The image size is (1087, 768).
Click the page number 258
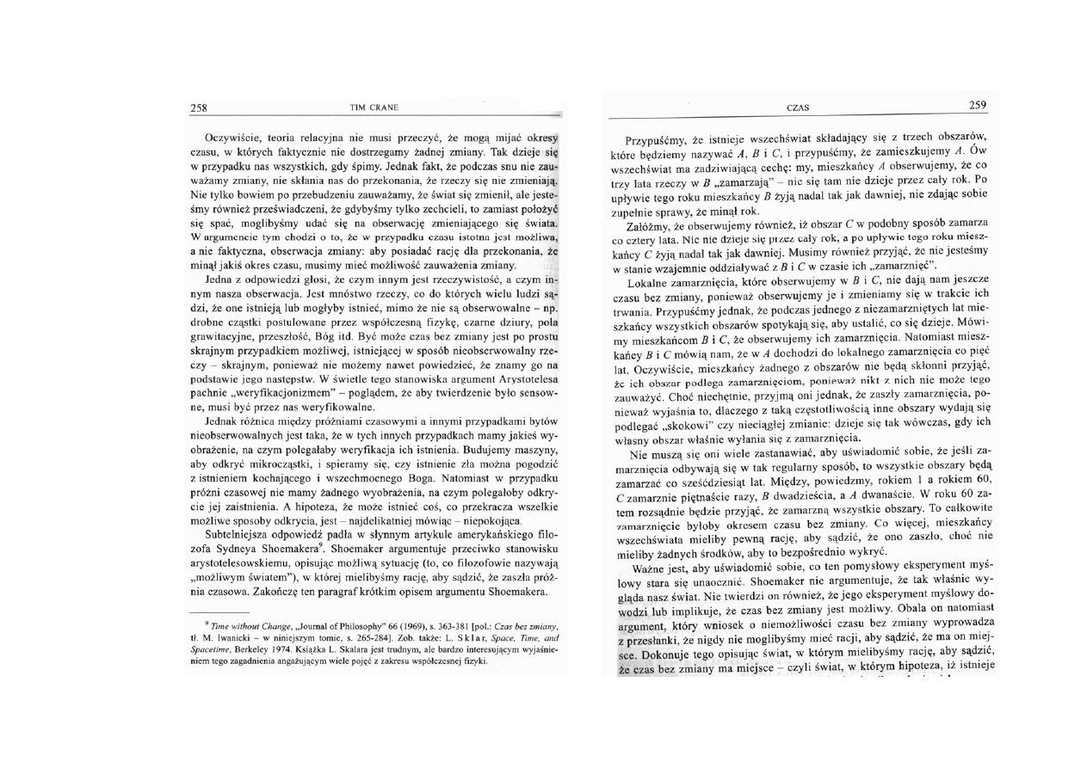tap(199, 108)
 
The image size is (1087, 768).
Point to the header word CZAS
tap(798, 107)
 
